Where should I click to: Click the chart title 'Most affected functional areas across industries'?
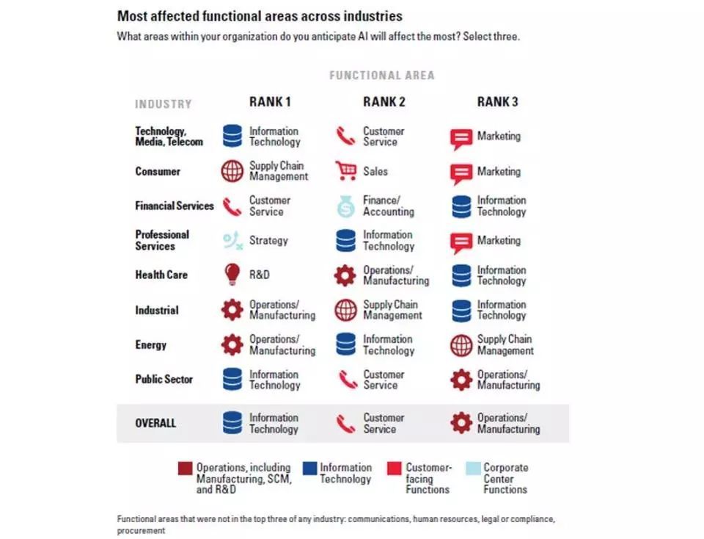click(x=260, y=15)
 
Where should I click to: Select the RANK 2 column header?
click(x=384, y=102)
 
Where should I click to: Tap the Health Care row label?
click(x=161, y=275)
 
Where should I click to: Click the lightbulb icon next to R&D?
click(x=232, y=275)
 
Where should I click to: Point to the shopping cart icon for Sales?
click(x=345, y=171)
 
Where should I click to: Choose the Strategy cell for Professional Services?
click(x=268, y=240)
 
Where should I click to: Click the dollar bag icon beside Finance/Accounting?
click(x=345, y=206)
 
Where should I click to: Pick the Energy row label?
click(x=150, y=344)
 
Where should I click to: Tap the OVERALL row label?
click(x=155, y=423)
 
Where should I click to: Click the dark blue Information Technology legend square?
click(x=309, y=468)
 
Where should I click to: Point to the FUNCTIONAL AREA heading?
click(x=381, y=75)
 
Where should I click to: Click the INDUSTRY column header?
click(x=163, y=104)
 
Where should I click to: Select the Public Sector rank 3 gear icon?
click(x=461, y=380)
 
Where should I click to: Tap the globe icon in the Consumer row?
click(x=232, y=171)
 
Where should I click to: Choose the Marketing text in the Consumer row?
click(x=499, y=171)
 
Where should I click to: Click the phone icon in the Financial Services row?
click(x=232, y=206)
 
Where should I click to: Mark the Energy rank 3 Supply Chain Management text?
click(x=505, y=344)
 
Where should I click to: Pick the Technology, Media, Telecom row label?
click(x=168, y=137)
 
